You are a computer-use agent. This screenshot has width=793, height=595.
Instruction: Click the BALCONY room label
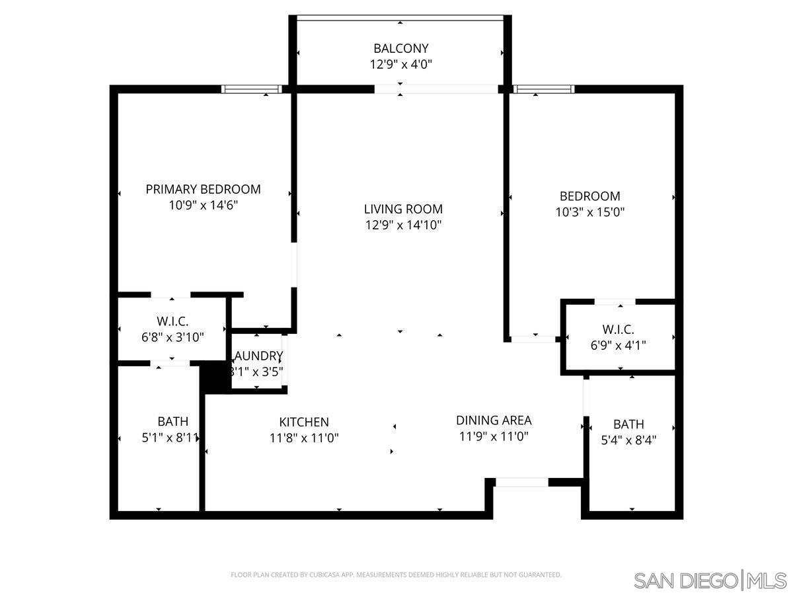pos(400,48)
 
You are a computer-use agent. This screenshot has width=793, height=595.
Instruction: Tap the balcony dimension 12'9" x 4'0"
pos(400,64)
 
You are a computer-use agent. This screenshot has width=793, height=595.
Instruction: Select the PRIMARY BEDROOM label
pos(203,189)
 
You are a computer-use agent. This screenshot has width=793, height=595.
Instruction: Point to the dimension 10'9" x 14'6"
pos(203,205)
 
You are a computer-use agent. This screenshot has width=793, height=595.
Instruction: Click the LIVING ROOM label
pos(403,209)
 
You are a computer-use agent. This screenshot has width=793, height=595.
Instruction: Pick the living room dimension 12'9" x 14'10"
pos(403,225)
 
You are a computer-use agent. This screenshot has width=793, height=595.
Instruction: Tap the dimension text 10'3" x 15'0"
pos(590,212)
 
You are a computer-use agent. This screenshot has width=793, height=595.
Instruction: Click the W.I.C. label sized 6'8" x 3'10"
pos(172,321)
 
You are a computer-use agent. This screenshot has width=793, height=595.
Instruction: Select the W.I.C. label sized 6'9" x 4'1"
pos(618,329)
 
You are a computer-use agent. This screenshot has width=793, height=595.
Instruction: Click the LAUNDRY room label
pos(258,356)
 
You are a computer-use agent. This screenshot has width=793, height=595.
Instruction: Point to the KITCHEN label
pos(303,422)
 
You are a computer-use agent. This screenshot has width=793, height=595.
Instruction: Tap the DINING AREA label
pos(494,420)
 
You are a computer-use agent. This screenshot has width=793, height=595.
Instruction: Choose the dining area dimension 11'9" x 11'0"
pos(494,436)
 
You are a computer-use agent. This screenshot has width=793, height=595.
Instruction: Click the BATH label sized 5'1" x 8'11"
pos(172,421)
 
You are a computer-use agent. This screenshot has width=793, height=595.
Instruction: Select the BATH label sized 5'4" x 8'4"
pos(628,424)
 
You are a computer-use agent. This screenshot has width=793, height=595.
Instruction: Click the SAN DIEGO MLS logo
pos(710,580)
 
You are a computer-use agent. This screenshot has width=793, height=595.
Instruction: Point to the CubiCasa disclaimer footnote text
pos(396,575)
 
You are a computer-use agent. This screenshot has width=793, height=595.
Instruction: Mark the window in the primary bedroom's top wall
pos(251,89)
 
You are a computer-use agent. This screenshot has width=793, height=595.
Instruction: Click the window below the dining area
pos(521,483)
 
